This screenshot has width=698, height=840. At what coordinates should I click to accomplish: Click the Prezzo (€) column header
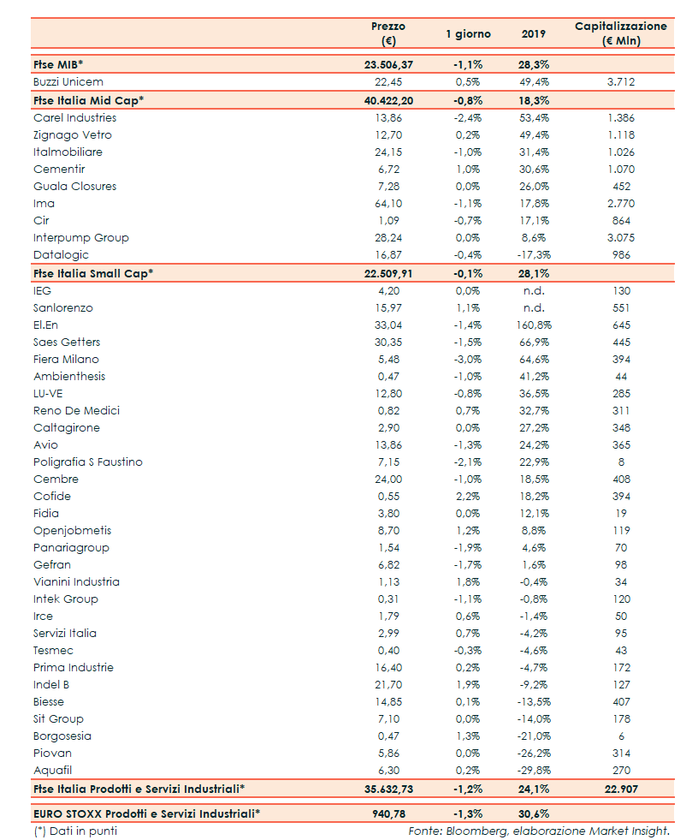[388, 33]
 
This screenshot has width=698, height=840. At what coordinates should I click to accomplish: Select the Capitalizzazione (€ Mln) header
[621, 33]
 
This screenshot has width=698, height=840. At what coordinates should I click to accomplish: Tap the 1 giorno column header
[468, 33]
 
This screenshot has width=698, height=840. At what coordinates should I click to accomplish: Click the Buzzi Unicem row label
[68, 82]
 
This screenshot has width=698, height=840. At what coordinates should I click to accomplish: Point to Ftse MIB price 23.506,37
[388, 64]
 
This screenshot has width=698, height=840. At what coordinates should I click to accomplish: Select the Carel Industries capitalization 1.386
[621, 117]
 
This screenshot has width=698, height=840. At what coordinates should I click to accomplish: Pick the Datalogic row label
[61, 254]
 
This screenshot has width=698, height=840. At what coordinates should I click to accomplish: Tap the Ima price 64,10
[388, 203]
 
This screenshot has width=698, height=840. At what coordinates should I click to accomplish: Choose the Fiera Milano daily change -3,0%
[468, 359]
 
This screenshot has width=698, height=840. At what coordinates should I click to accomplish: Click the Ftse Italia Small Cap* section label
[92, 273]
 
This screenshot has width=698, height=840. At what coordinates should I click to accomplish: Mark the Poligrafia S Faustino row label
[88, 462]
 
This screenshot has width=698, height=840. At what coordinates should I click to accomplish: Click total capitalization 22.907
[621, 788]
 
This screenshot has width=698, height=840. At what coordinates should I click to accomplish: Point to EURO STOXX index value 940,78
[388, 813]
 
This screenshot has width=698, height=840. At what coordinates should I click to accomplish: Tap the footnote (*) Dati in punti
[75, 831]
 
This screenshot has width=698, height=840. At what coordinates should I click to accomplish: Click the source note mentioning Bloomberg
[538, 831]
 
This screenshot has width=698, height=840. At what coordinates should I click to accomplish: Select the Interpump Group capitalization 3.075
[621, 237]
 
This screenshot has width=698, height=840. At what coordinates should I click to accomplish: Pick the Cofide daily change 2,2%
[468, 496]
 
